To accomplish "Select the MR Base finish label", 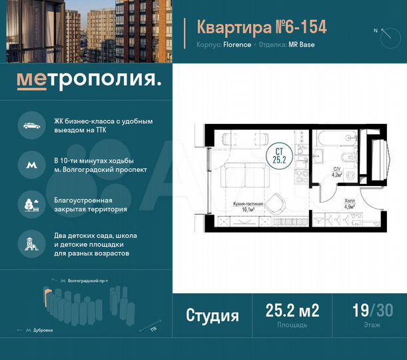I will pyautogui.click(x=300, y=45).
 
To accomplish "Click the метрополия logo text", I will pyautogui.click(x=88, y=81).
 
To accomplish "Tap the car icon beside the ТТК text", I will pyautogui.click(x=31, y=126).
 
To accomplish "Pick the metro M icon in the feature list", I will pyautogui.click(x=31, y=164).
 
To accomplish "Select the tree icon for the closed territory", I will pyautogui.click(x=31, y=203).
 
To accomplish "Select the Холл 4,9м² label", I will pyautogui.click(x=350, y=203).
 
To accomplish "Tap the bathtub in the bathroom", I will pyautogui.click(x=332, y=138).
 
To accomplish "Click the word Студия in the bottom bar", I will pyautogui.click(x=212, y=315).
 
